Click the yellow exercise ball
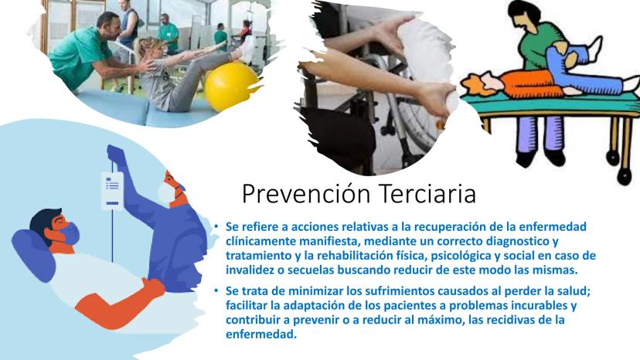pyautogui.click(x=231, y=86)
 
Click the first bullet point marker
pyautogui.click(x=216, y=226)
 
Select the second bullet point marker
pyautogui.click(x=216, y=291)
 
